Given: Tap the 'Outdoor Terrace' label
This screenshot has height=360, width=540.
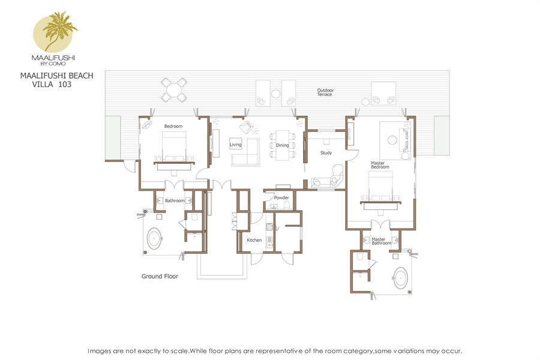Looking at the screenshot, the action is pos(325,92).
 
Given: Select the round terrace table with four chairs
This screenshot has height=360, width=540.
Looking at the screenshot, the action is pos(174,90).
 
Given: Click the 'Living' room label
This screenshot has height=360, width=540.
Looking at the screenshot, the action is pos(236,145).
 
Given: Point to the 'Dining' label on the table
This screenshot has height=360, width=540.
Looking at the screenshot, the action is pos(283,145).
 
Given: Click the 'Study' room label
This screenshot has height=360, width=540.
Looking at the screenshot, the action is pos(326,152).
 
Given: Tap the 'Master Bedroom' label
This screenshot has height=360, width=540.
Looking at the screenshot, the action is pos(380,165).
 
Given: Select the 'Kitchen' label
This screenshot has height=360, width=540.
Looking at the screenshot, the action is pos(254,240).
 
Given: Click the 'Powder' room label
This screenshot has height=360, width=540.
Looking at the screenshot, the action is pos(281,198).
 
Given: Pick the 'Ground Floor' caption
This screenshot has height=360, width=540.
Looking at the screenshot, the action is pos(160,276).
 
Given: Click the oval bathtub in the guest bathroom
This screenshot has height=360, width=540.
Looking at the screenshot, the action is pos(155,238).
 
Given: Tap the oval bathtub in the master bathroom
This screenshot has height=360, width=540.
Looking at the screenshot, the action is pos(401,278).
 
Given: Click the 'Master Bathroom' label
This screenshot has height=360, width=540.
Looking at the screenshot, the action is pos(381,241).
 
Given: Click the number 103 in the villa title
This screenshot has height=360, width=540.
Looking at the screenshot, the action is pos(65,85).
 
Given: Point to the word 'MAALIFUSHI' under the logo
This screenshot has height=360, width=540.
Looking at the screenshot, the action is pos(53,58).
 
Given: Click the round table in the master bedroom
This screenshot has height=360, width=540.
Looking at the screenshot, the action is pos(392,140).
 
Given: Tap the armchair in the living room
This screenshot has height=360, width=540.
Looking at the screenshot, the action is pos(246,127).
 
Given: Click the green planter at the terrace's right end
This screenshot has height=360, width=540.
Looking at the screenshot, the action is pos(442,136).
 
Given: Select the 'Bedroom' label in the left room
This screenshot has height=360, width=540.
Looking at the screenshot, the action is pos(173,126).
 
